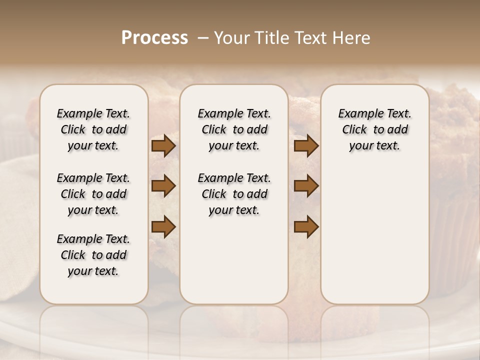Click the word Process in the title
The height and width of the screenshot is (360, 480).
154,38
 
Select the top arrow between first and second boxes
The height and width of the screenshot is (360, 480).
163,146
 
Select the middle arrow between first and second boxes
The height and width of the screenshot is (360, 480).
163,186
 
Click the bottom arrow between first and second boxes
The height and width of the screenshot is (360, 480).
163,227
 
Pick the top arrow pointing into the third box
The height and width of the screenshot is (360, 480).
306,146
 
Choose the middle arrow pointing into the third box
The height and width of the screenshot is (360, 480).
306,186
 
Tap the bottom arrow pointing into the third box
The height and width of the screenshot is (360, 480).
306,227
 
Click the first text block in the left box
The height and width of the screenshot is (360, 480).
93,129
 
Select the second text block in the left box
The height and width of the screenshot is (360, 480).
93,194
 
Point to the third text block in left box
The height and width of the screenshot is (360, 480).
93,255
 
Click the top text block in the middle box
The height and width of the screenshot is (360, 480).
234,129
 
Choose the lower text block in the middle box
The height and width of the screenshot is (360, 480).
234,194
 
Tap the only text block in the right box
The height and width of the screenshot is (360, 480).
374,129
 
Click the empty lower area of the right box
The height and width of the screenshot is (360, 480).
374,235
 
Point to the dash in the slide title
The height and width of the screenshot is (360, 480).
203,38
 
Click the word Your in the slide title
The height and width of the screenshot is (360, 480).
231,38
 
